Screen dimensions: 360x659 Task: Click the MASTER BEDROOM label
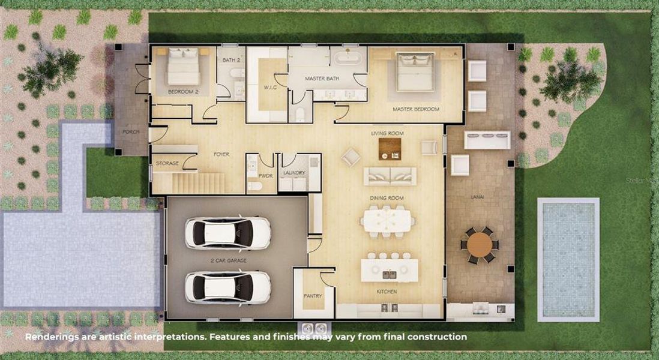(416, 110)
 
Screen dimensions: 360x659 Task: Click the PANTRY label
(313, 296)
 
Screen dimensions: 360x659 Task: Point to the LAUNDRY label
(294, 173)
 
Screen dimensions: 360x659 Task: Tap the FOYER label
(221, 154)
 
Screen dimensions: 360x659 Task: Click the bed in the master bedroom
(415, 71)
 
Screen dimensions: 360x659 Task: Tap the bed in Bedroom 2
(183, 67)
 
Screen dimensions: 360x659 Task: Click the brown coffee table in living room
(390, 149)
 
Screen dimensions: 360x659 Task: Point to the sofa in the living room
(390, 176)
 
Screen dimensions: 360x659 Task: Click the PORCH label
(130, 132)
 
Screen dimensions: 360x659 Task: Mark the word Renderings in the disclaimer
(52, 337)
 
